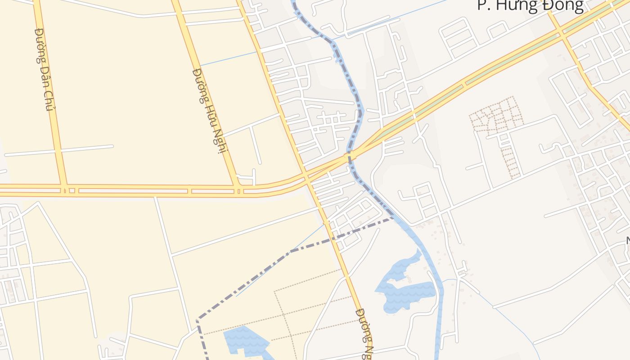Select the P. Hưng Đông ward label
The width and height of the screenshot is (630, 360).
530,5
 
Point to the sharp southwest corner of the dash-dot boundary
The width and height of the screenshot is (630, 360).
198,319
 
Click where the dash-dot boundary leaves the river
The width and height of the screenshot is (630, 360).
392,218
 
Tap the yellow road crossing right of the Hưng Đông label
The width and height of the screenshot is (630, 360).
560,31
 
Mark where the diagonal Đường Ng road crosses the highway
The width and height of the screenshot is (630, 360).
306,175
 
